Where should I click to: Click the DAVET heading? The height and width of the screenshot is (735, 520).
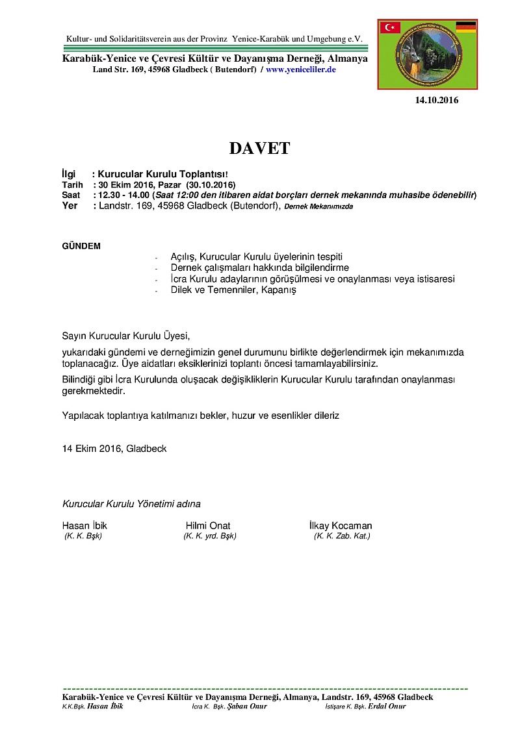click(x=259, y=148)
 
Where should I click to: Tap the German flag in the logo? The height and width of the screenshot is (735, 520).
click(x=465, y=27)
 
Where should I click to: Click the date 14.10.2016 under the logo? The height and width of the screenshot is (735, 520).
click(x=437, y=100)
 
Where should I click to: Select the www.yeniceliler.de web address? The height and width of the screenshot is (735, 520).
click(x=300, y=69)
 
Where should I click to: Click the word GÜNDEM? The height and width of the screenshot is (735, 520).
click(x=81, y=247)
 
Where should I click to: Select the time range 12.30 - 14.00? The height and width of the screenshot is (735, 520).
click(x=123, y=195)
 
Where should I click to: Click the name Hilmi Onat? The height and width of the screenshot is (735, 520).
click(x=208, y=525)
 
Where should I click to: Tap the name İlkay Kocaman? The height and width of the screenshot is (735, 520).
click(x=341, y=525)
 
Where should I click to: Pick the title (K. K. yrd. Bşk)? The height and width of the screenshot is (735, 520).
click(x=210, y=536)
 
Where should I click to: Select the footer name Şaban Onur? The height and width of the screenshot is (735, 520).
click(x=247, y=706)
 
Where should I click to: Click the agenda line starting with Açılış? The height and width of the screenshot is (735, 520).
click(x=256, y=257)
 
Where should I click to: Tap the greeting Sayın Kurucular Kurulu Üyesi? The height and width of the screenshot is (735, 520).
click(x=126, y=336)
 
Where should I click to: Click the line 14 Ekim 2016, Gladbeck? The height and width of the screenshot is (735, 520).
click(x=114, y=448)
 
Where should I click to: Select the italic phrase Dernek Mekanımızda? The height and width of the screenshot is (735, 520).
click(x=318, y=206)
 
